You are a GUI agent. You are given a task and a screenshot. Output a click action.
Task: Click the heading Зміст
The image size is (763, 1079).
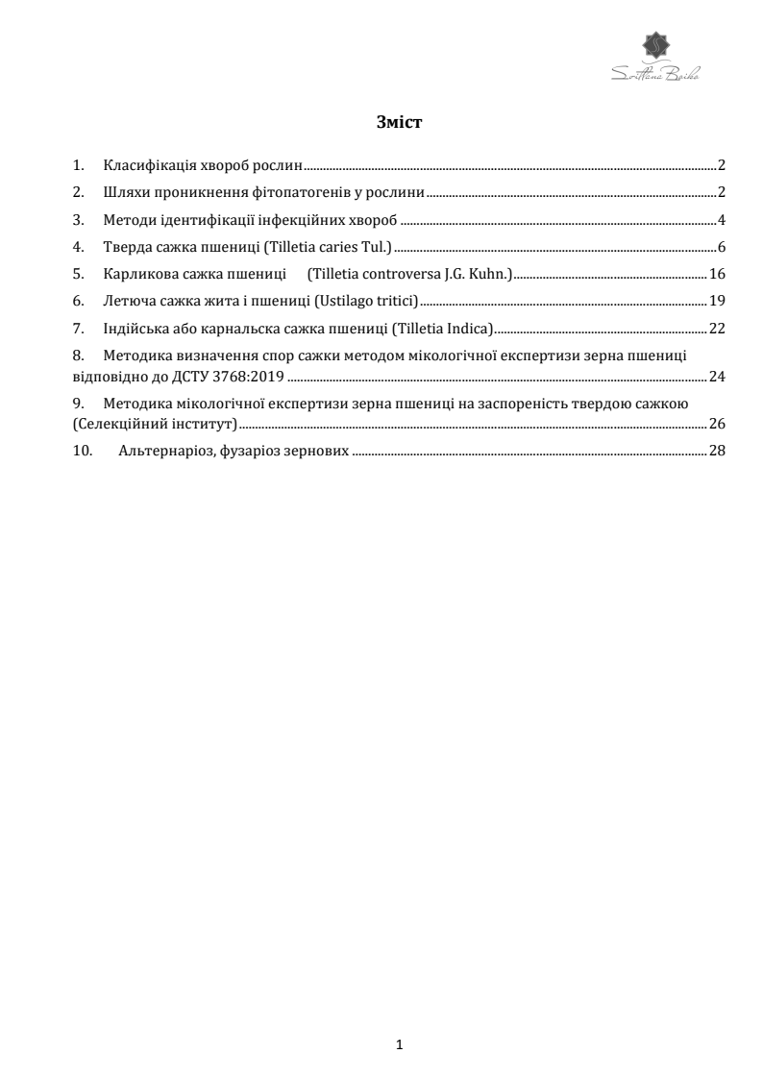pos(401,122)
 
